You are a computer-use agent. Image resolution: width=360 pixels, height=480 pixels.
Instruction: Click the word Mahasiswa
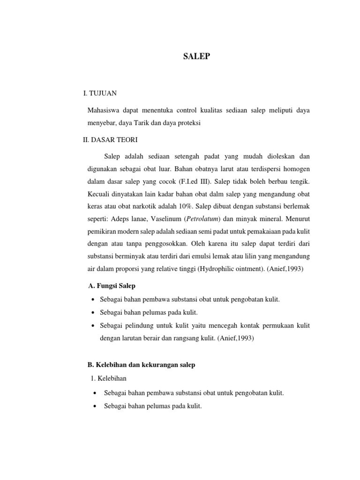pyautogui.click(x=104, y=110)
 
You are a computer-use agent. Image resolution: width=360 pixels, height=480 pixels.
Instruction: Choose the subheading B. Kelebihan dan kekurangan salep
pyautogui.click(x=142, y=365)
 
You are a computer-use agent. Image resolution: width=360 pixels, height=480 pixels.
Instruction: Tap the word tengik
pyautogui.click(x=299, y=180)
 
